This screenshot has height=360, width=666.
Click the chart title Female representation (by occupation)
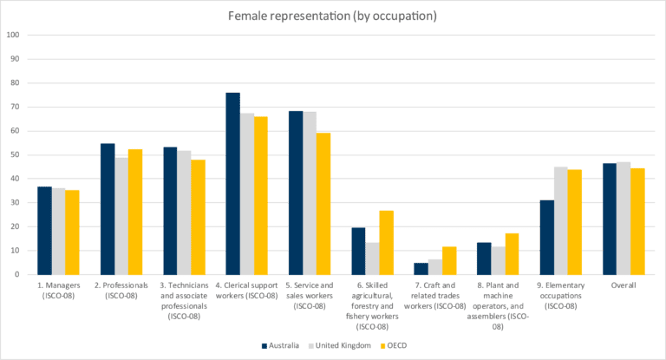click(x=333, y=16)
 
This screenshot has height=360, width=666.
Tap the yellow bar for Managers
click(x=73, y=232)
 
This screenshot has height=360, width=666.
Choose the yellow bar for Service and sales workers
click(x=323, y=203)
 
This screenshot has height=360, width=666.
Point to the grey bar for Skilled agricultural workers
click(x=372, y=258)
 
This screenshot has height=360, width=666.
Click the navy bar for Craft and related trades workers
click(x=421, y=268)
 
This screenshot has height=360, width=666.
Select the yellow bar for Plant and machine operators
click(x=512, y=253)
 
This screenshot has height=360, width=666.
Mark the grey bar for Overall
click(x=623, y=218)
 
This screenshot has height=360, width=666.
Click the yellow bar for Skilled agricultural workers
click(x=386, y=242)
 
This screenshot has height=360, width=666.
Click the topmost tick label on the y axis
click(x=14, y=36)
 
